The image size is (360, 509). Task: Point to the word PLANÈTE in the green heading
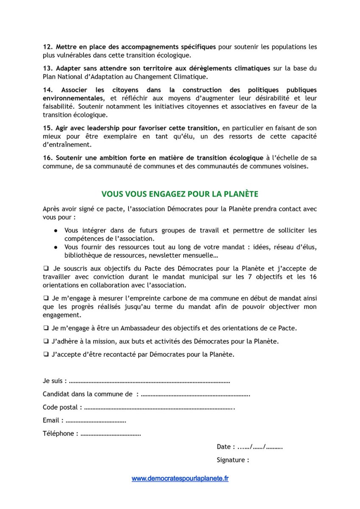(240, 194)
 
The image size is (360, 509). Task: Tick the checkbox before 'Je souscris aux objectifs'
(45, 268)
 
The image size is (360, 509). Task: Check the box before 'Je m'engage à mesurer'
(45, 298)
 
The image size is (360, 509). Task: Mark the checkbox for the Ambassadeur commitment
(45, 328)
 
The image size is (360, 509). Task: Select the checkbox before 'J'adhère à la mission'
(45, 341)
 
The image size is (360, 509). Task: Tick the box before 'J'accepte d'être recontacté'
(45, 354)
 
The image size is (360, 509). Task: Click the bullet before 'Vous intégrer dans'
(56, 231)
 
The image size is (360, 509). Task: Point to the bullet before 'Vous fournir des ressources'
(56, 247)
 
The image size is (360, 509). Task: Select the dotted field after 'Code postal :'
(159, 408)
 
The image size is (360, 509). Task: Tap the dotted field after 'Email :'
(96, 421)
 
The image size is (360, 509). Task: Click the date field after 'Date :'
(260, 447)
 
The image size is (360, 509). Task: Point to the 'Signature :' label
(233, 460)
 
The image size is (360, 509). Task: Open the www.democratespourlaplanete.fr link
(180, 478)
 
